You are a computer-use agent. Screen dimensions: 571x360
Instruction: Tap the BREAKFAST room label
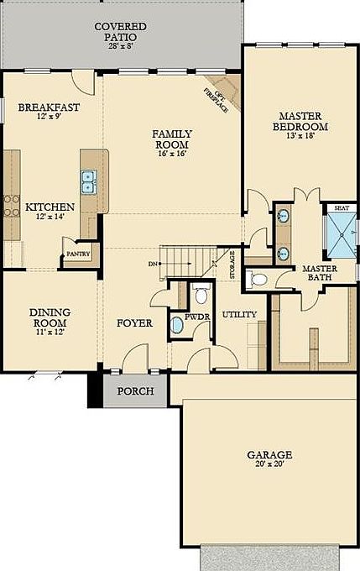tap(49, 107)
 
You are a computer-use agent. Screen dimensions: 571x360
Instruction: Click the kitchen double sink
tap(88, 180)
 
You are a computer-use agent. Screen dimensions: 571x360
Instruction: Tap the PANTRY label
tap(77, 254)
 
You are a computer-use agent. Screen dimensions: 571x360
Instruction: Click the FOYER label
tap(134, 322)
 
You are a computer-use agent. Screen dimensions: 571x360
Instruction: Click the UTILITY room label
tap(239, 314)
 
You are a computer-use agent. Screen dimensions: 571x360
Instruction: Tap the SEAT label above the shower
tap(342, 207)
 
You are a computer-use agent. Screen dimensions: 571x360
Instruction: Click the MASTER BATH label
tap(320, 274)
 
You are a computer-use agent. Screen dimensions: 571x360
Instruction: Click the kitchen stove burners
tap(12, 207)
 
